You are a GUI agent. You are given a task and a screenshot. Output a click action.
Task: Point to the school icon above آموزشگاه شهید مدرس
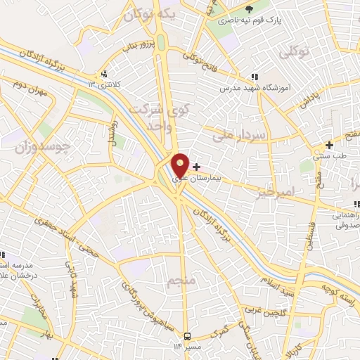click(x=254, y=77)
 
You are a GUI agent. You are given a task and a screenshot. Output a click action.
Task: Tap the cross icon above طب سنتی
click(x=328, y=145)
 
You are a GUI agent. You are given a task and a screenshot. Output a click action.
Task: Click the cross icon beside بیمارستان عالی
click(x=195, y=167)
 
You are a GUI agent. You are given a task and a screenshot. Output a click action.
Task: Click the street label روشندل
click(x=112, y=131)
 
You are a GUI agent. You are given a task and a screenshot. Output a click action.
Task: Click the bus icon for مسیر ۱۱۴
click(x=188, y=336)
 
